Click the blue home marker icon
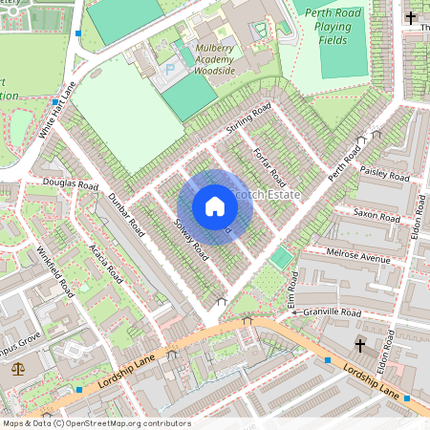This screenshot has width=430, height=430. [215, 206]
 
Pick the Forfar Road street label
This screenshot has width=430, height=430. [269, 166]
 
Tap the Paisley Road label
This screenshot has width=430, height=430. [385, 173]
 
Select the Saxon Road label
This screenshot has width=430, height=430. [376, 216]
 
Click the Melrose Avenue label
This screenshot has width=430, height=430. [358, 259]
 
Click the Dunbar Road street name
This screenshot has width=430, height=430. [125, 216]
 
